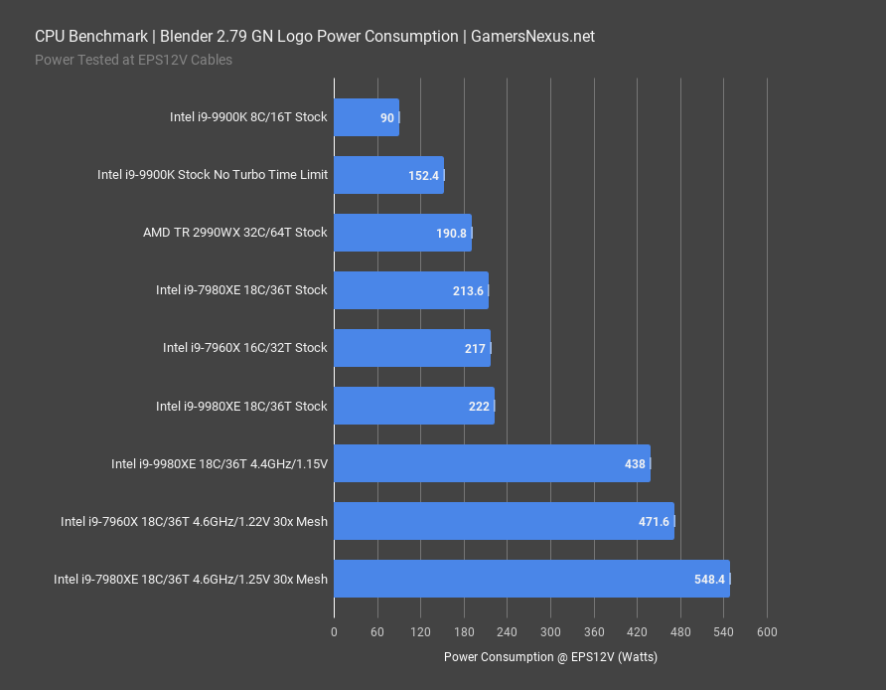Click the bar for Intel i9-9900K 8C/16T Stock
pyautogui.click(x=366, y=117)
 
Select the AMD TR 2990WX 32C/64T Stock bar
pyautogui.click(x=402, y=233)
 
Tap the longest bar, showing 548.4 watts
pyautogui.click(x=531, y=579)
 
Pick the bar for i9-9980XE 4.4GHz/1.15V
pyautogui.click(x=492, y=463)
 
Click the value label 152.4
pyautogui.click(x=423, y=176)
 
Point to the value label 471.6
pyautogui.click(x=653, y=522)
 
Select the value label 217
pyautogui.click(x=475, y=349)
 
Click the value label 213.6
pyautogui.click(x=467, y=291)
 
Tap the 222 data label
pyautogui.click(x=479, y=407)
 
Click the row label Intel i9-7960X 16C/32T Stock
pyautogui.click(x=244, y=348)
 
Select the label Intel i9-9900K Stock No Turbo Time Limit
pyautogui.click(x=212, y=175)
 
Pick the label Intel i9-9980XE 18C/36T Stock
pyautogui.click(x=241, y=406)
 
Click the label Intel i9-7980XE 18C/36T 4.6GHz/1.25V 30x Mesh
pyautogui.click(x=191, y=579)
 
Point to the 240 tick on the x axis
pyautogui.click(x=507, y=631)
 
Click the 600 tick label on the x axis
pyautogui.click(x=767, y=631)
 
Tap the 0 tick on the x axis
pyautogui.click(x=334, y=631)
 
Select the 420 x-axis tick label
pyautogui.click(x=637, y=631)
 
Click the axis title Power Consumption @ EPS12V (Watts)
pyautogui.click(x=550, y=657)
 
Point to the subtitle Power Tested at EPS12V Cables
pyautogui.click(x=133, y=60)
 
